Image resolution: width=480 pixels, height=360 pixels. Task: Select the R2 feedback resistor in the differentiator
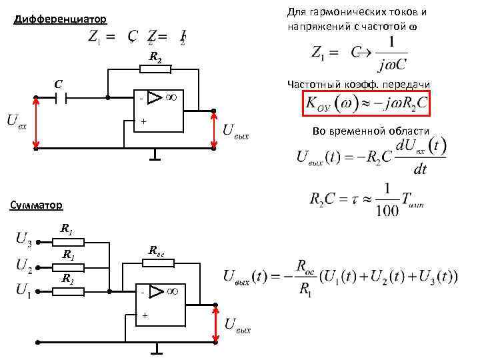click(x=155, y=69)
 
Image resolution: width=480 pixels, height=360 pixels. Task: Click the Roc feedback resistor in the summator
click(x=158, y=263)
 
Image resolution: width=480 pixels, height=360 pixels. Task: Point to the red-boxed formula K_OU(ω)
click(x=365, y=103)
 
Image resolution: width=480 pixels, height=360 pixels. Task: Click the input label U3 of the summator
click(x=23, y=238)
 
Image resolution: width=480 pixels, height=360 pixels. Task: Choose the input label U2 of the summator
click(x=23, y=265)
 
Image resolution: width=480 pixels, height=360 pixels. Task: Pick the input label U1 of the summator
click(x=23, y=289)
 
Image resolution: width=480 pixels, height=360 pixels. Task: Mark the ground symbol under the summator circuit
click(x=156, y=349)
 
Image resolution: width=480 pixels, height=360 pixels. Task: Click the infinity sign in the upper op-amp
click(x=170, y=98)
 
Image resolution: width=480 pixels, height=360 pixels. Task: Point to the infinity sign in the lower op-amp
click(x=171, y=292)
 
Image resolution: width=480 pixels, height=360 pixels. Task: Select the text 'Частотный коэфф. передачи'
click(x=358, y=83)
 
